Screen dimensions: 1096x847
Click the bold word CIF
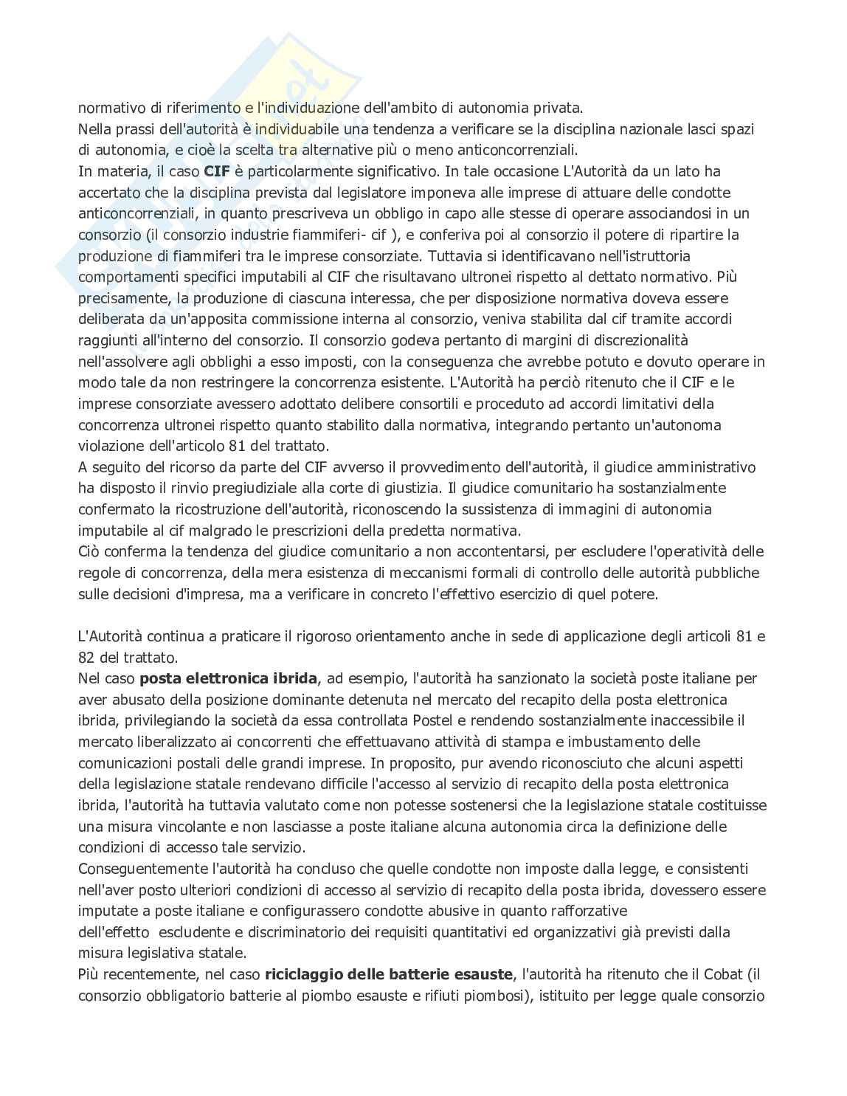tap(217, 172)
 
